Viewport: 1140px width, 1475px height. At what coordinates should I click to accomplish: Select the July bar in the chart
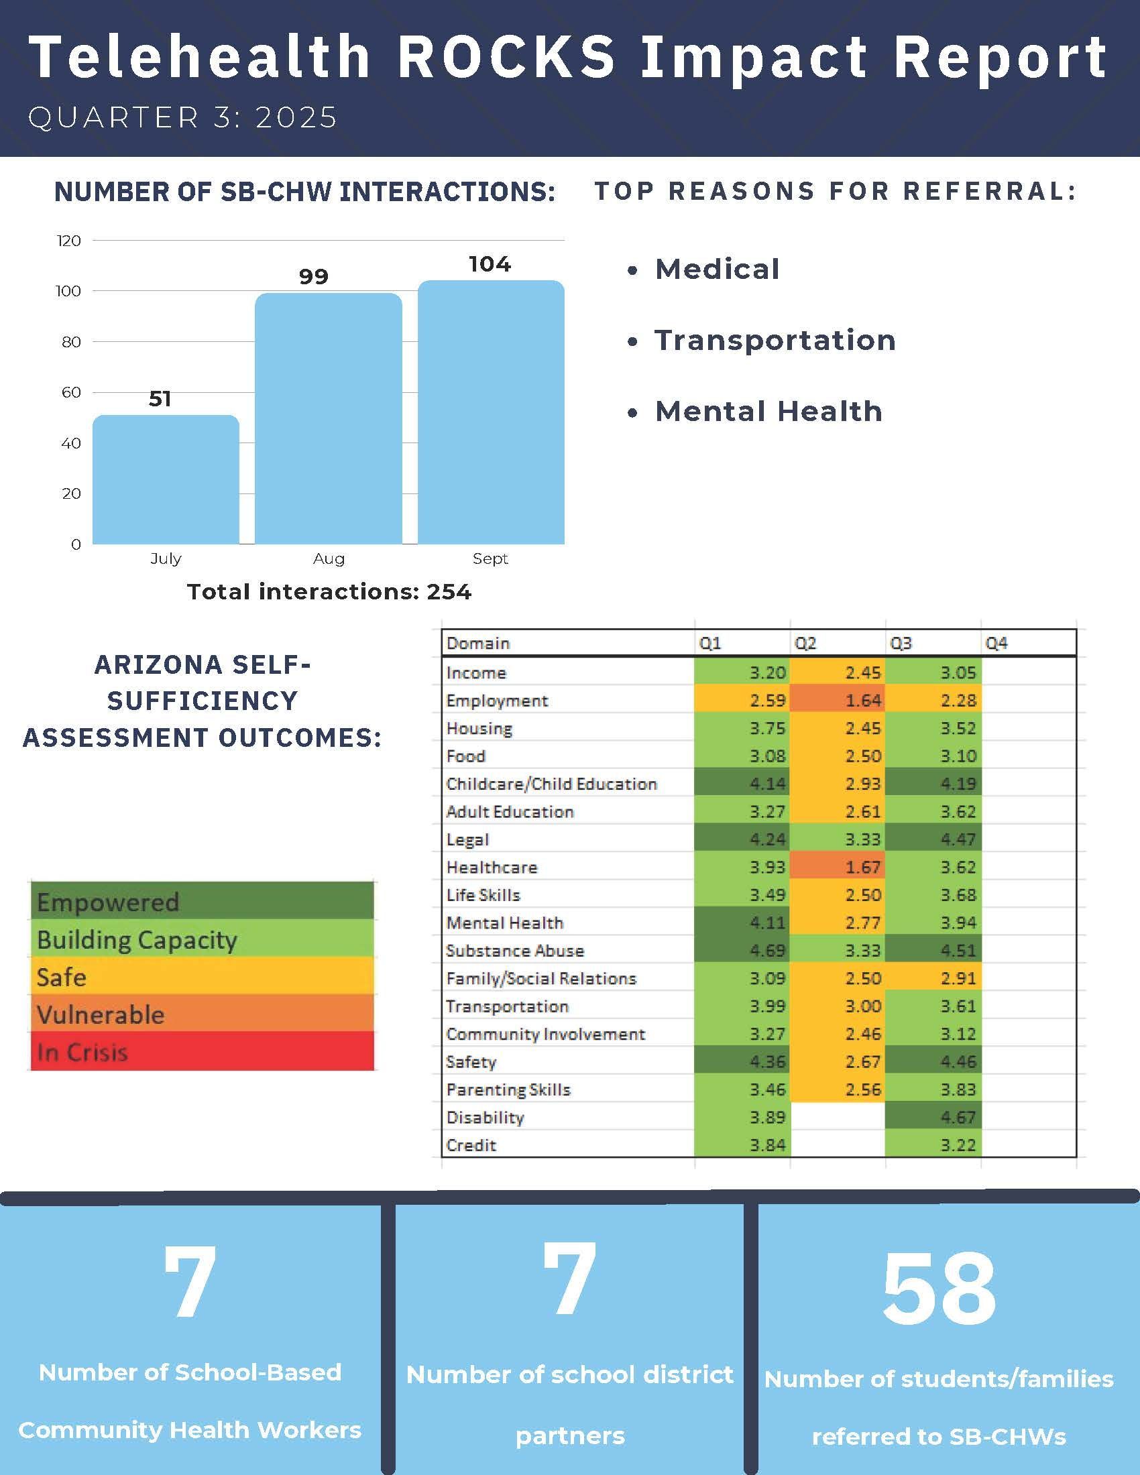pyautogui.click(x=166, y=479)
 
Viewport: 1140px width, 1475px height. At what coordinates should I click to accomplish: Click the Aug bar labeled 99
pyautogui.click(x=328, y=419)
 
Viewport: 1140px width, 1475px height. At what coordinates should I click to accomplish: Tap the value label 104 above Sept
pyautogui.click(x=490, y=263)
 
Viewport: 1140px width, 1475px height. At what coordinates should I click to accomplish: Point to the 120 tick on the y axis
pyautogui.click(x=68, y=241)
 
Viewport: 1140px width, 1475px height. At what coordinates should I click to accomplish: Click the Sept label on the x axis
pyautogui.click(x=490, y=558)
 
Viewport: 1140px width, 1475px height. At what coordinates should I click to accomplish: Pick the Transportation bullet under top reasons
pyautogui.click(x=775, y=340)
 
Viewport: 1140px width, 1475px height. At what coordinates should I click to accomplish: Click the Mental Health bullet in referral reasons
pyautogui.click(x=768, y=411)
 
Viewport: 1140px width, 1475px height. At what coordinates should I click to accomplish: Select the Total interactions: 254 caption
pyautogui.click(x=329, y=591)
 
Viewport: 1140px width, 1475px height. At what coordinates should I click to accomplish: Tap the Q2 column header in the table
pyautogui.click(x=805, y=643)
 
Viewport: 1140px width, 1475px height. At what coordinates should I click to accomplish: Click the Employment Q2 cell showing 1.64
pyautogui.click(x=838, y=701)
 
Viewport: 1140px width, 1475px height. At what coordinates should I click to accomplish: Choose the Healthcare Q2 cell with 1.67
pyautogui.click(x=838, y=867)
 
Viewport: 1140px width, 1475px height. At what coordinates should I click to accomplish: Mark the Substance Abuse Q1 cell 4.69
pyautogui.click(x=742, y=950)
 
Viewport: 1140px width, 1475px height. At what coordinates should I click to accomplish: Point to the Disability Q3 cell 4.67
pyautogui.click(x=933, y=1117)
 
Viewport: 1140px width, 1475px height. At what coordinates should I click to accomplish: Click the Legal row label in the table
pyautogui.click(x=467, y=839)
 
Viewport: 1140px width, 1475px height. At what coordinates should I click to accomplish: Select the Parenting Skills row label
pyautogui.click(x=508, y=1089)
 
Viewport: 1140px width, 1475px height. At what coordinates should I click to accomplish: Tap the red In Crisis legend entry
pyautogui.click(x=202, y=1051)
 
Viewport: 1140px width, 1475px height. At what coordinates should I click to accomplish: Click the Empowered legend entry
pyautogui.click(x=202, y=902)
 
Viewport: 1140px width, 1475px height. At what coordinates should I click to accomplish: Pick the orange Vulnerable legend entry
pyautogui.click(x=202, y=1014)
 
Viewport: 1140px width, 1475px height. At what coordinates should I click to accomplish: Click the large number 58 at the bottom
pyautogui.click(x=939, y=1289)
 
